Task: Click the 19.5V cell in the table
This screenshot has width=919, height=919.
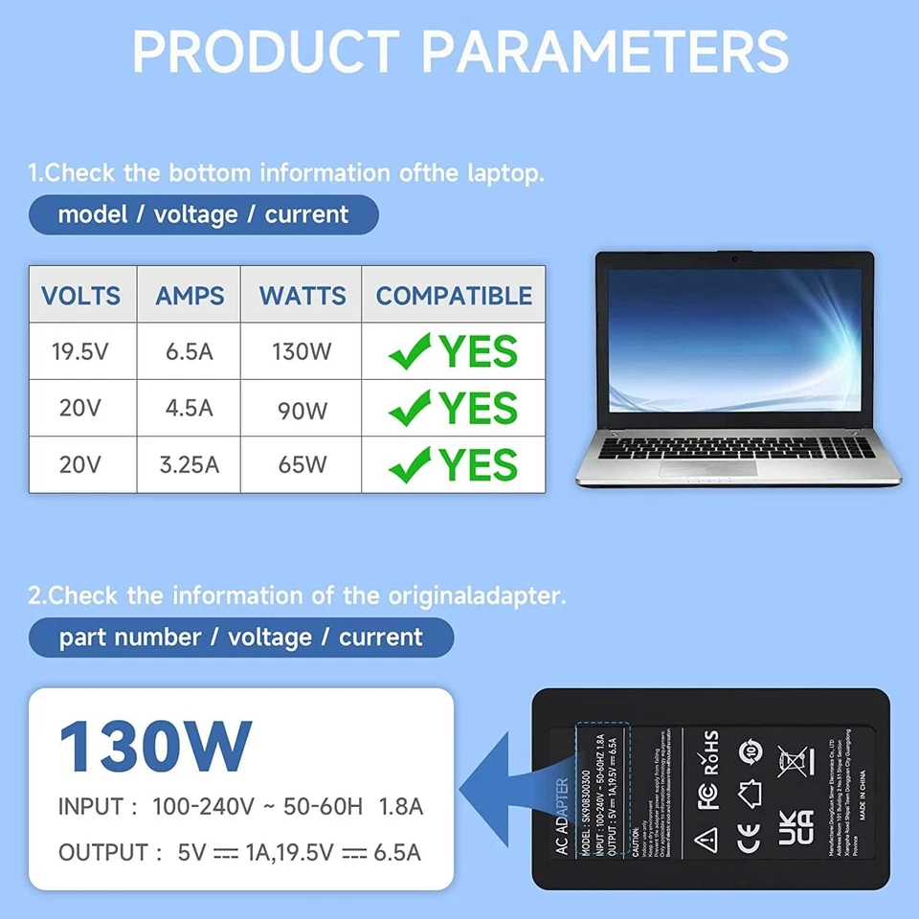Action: [80, 351]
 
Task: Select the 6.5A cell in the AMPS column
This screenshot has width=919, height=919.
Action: [189, 351]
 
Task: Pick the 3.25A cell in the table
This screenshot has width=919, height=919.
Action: [189, 465]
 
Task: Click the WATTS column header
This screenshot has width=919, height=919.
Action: [303, 296]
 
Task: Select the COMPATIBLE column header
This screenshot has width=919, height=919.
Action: [454, 296]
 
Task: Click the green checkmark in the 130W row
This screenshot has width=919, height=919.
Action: [410, 353]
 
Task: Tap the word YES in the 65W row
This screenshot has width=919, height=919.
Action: [478, 465]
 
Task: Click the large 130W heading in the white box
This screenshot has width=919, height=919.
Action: [155, 747]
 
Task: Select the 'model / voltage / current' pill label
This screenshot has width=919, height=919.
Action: [203, 214]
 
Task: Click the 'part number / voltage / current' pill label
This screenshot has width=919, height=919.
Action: [240, 638]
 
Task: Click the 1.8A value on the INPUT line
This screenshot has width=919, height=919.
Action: [401, 806]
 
